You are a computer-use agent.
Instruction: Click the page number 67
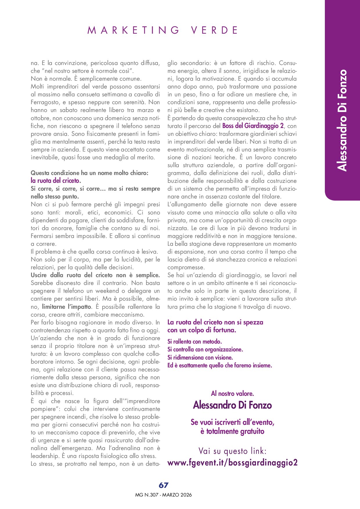pyautogui.click(x=163, y=485)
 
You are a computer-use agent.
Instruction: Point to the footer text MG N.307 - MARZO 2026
pyautogui.click(x=163, y=495)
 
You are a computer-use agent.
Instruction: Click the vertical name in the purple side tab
pyautogui.click(x=342, y=120)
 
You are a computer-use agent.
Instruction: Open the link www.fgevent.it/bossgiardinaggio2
pyautogui.click(x=233, y=462)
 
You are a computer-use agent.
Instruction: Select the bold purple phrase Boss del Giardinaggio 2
pyautogui.click(x=253, y=126)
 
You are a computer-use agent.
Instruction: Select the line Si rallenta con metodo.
pyautogui.click(x=195, y=342)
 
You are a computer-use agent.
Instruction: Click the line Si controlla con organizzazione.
pyautogui.click(x=205, y=349)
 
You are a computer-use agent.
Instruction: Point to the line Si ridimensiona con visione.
pyautogui.click(x=200, y=358)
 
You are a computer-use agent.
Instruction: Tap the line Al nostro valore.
pyautogui.click(x=232, y=394)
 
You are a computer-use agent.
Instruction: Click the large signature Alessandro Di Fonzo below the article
pyautogui.click(x=232, y=405)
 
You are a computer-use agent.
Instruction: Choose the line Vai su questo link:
pyautogui.click(x=232, y=451)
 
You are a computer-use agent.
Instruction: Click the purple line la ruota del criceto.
pyautogui.click(x=56, y=181)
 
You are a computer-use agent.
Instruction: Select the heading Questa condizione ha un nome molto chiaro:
pyautogui.click(x=89, y=173)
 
